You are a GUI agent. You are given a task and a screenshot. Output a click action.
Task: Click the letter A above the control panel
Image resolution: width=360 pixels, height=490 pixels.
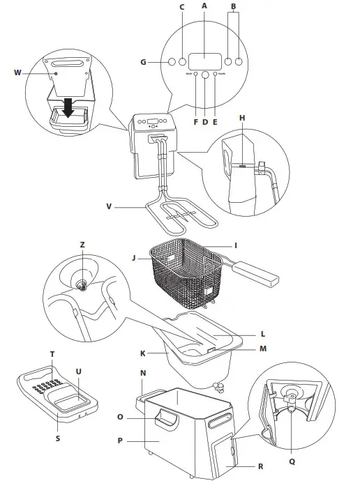tap(204, 6)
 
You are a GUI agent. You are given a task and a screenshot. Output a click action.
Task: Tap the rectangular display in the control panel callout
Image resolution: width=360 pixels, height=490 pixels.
tap(204, 61)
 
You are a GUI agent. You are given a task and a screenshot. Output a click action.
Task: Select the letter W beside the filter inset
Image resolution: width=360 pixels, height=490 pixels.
tap(17, 72)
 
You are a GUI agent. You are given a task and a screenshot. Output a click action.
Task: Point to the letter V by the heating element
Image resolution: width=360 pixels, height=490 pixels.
tap(109, 206)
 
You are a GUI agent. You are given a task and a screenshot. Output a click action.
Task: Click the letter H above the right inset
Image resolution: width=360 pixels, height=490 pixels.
tap(241, 118)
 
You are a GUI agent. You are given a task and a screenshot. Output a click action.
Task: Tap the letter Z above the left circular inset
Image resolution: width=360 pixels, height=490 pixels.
tap(82, 245)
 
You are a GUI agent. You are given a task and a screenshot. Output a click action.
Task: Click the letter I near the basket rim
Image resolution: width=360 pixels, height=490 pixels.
tap(236, 245)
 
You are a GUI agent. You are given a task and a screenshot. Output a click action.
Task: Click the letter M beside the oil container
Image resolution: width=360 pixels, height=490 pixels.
tap(262, 348)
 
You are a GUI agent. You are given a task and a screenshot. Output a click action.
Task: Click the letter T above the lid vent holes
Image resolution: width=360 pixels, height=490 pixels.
tap(52, 354)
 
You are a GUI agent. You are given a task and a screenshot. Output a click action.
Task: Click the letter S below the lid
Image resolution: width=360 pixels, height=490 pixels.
tap(57, 438)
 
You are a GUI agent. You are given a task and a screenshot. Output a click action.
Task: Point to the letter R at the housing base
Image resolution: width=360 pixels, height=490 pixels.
tap(260, 466)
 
